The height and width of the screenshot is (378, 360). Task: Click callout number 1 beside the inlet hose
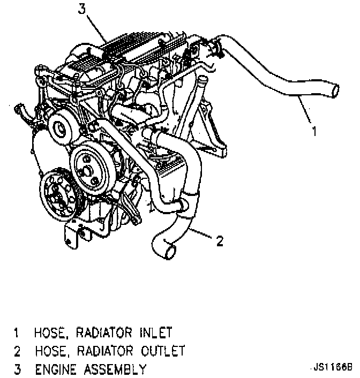(x=315, y=131)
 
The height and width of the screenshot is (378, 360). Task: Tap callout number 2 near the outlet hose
(x=219, y=241)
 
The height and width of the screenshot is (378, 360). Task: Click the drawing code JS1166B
(x=332, y=368)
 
